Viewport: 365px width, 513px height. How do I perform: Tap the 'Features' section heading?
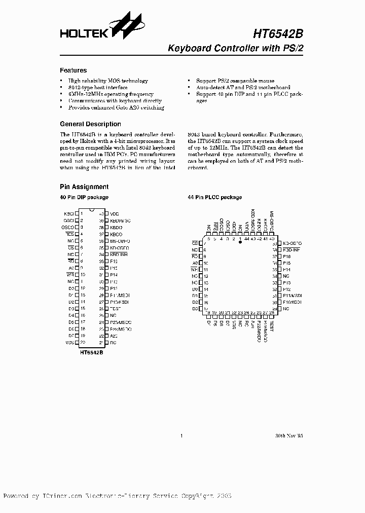click(73, 70)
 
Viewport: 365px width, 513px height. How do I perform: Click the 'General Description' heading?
click(90, 124)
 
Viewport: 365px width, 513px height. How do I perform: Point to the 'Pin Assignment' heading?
click(84, 187)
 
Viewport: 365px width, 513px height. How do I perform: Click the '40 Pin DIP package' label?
click(84, 197)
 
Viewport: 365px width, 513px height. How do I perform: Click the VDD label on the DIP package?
click(114, 214)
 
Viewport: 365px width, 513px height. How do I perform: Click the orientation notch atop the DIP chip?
click(91, 210)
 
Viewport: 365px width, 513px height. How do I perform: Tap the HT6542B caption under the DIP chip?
click(91, 351)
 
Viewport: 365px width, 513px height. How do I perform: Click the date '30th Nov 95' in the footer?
click(289, 435)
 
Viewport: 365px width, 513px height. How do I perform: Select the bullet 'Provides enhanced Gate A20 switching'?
click(116, 107)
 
